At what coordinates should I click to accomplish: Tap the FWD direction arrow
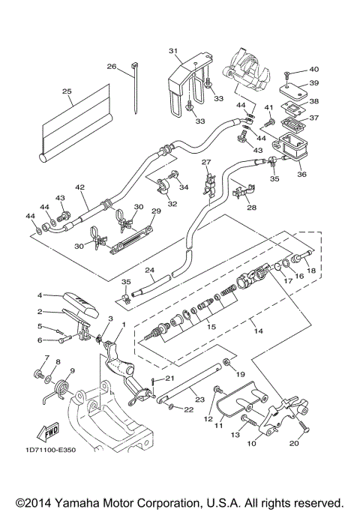(x=49, y=432)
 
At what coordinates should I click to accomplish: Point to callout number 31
(x=174, y=51)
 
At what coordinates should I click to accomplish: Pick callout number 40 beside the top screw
(x=313, y=69)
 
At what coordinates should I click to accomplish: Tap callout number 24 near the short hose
(x=149, y=271)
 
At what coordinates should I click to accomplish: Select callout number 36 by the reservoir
(x=302, y=175)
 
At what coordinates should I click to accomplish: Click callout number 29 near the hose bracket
(x=156, y=212)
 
